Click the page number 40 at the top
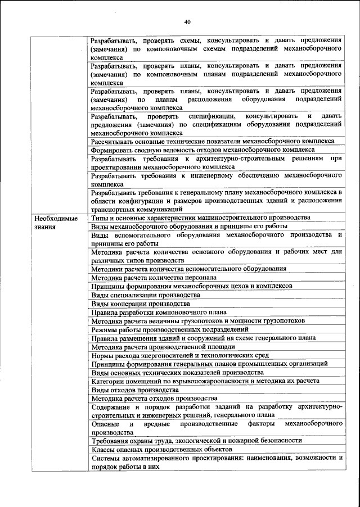pos(187,22)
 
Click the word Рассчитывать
pos(112,141)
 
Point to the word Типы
pos(100,218)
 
